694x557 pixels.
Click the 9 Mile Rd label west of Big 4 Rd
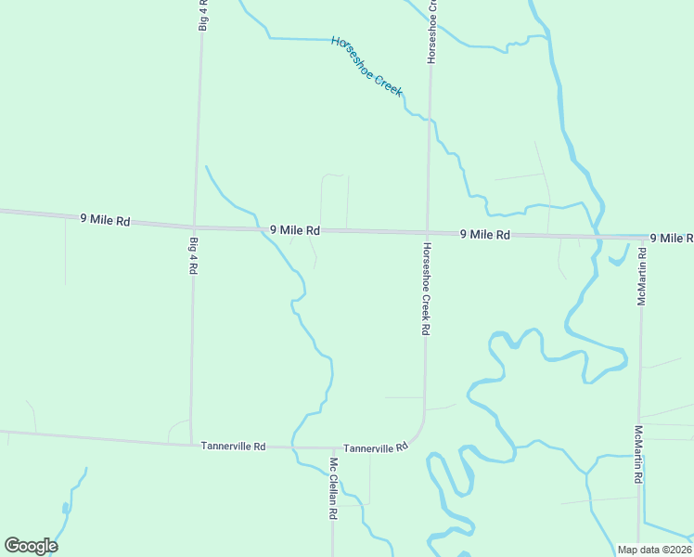tap(105, 220)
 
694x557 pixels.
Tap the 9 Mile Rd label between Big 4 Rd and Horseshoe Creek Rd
tap(295, 229)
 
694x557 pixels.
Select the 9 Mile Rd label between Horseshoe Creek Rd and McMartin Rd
tap(485, 235)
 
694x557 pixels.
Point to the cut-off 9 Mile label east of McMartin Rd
tap(671, 239)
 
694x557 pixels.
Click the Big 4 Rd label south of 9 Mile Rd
tap(194, 255)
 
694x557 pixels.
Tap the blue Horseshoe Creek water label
tap(367, 66)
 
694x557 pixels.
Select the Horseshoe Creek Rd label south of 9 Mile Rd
tap(426, 289)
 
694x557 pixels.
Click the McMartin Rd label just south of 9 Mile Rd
tap(641, 277)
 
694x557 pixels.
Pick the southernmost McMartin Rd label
tap(638, 455)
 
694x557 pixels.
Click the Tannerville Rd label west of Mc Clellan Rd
tap(233, 447)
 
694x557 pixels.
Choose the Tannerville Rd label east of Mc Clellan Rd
tap(376, 447)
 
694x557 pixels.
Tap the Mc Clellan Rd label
tap(332, 487)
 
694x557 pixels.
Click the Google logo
tap(31, 546)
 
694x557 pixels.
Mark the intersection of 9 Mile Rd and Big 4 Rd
tap(194, 227)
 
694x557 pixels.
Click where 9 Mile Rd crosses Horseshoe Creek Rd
tap(428, 232)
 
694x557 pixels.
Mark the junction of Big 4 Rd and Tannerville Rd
tap(191, 444)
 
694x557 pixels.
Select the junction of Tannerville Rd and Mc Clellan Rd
tap(332, 448)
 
